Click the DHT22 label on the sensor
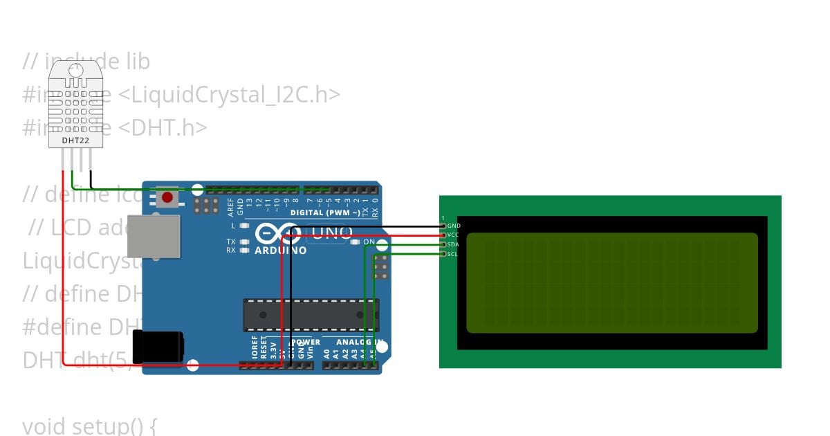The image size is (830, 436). coord(75,140)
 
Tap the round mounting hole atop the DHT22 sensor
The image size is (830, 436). coord(75,69)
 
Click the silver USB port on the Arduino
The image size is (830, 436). coord(154,235)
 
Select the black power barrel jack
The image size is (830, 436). coord(158,347)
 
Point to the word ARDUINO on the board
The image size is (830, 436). coord(281,250)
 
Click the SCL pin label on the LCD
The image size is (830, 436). coord(452,254)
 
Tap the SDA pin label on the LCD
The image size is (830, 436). coord(452,244)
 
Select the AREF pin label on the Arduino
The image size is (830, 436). coord(231,204)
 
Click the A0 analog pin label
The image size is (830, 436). coord(326,354)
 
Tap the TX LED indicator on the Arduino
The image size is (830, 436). coord(244,242)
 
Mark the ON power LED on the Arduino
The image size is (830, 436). coord(356,242)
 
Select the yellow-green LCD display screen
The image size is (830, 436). coord(611,282)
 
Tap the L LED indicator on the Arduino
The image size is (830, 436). coord(244,226)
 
